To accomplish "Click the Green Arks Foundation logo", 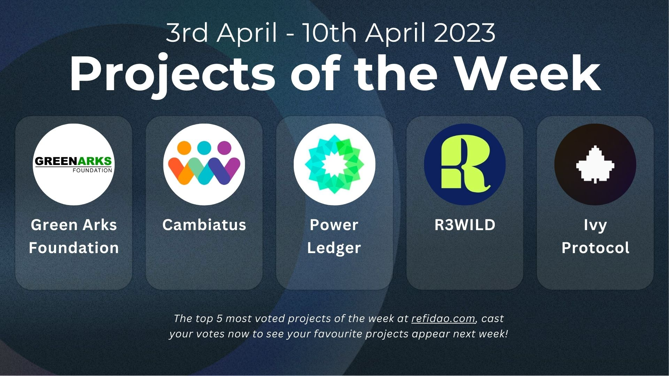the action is pos(74,164).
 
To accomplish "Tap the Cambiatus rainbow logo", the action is pos(204,164).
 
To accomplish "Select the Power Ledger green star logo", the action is pos(334,164).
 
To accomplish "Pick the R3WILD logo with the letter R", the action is pos(465,164).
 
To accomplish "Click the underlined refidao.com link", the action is pos(443,319).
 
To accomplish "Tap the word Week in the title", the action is pos(528,74).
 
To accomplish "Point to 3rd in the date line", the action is pos(187,33).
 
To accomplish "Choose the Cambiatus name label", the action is pos(204,225).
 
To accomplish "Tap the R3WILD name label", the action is pos(465,225).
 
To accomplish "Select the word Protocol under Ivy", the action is pos(595,248).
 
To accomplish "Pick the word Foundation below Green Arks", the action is pos(74,248).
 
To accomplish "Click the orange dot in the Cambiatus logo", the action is pos(184,148).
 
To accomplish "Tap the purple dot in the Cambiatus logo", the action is pos(224,148).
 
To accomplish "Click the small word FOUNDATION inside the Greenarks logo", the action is pos(92,170).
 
